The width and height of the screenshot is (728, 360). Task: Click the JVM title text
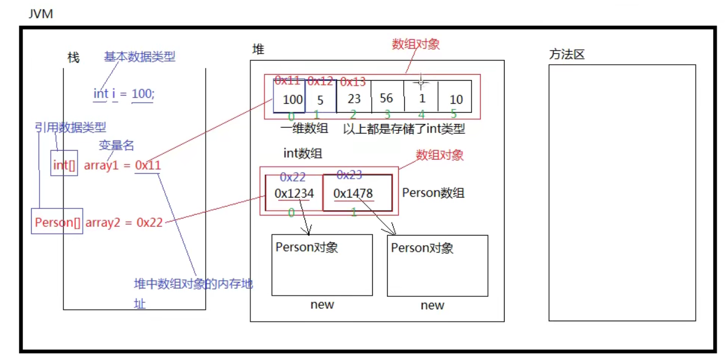point(41,14)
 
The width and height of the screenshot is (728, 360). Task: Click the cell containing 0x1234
point(294,194)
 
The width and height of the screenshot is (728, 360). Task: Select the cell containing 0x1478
point(353,194)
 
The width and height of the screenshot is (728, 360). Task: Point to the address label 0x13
point(353,82)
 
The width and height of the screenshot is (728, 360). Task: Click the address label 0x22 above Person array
point(293,177)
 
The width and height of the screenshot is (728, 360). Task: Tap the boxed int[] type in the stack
point(64,165)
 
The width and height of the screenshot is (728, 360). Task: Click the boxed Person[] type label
point(57,222)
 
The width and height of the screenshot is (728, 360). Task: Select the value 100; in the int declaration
point(143,94)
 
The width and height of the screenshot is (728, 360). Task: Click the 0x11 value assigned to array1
point(148,165)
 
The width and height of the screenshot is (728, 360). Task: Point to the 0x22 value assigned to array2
point(149,222)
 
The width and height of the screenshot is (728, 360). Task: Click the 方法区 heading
point(566,55)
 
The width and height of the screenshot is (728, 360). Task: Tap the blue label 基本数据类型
point(139,56)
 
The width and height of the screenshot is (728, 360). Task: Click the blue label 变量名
point(116,145)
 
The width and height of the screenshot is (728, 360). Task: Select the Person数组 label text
point(433,193)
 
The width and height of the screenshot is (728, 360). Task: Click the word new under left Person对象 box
point(322,305)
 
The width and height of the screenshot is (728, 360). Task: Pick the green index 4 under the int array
point(421,114)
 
